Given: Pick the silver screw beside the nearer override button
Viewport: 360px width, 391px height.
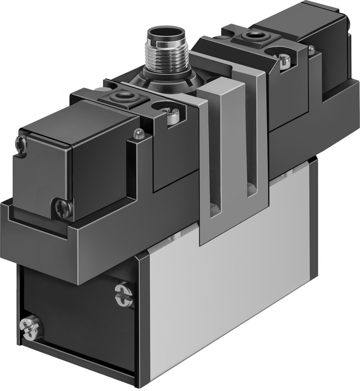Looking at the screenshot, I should (173, 116).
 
